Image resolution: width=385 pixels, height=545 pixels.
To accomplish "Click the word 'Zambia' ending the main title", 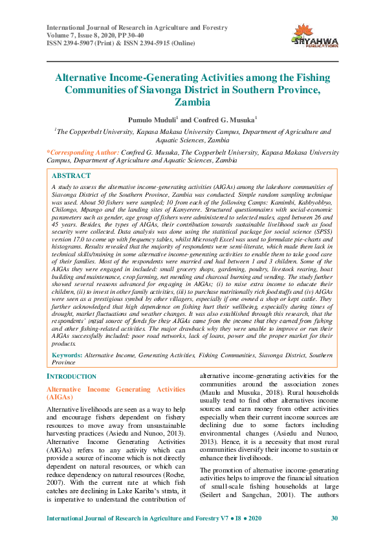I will point(192,102).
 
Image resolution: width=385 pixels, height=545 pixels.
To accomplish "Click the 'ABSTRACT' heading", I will point(71,175).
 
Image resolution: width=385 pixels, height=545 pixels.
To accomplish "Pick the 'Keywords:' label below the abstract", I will point(67,356).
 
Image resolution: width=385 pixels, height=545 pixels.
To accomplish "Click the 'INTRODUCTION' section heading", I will point(72,377).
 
